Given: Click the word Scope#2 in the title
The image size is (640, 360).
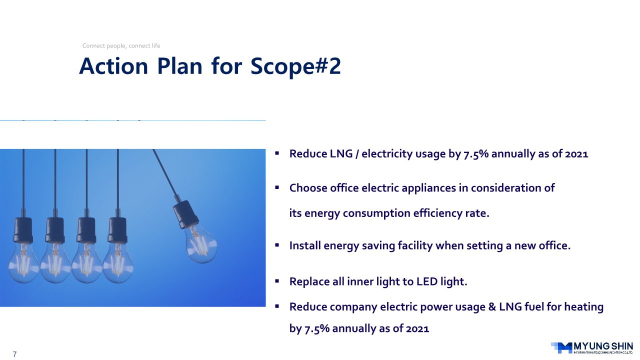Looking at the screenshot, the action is click(x=295, y=66).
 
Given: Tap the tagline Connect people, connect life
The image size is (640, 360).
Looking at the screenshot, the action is click(x=121, y=45).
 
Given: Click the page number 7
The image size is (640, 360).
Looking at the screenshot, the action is click(x=14, y=354).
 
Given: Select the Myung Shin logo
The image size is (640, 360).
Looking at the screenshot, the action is click(x=591, y=347).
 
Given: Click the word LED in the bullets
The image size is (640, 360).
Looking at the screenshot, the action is click(x=427, y=281).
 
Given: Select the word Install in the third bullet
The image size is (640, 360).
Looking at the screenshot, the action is click(x=305, y=245).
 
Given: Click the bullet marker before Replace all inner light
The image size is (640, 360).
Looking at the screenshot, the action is click(x=277, y=281).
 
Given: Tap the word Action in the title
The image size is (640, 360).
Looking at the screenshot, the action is click(x=113, y=66).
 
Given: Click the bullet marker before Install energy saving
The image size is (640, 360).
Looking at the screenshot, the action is click(x=277, y=245).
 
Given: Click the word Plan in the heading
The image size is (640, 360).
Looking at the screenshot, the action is click(x=179, y=66).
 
